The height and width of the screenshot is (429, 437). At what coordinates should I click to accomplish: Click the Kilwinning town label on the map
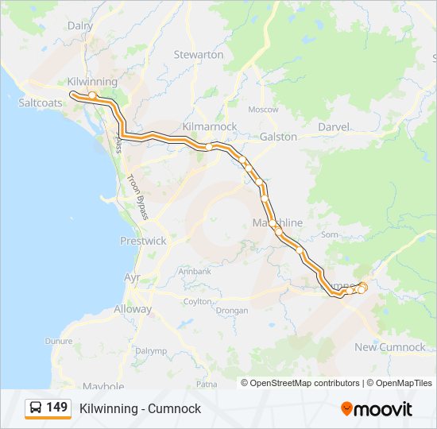[x=92, y=82]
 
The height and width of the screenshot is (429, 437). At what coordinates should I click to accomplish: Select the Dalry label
[x=80, y=25]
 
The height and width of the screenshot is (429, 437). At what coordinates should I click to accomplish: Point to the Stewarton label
[x=199, y=55]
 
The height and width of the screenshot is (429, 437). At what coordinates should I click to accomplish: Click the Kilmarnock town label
[x=210, y=127]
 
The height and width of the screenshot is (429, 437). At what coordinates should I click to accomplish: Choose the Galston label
[x=278, y=137]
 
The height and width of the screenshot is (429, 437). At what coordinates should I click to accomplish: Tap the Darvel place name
[x=334, y=127]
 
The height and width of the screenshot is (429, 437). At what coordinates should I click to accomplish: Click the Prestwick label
[x=143, y=241]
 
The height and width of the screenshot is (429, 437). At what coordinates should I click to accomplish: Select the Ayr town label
[x=132, y=278]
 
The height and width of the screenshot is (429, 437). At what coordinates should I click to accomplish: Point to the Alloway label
[x=133, y=309]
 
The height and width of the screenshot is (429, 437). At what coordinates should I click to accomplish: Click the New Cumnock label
[x=390, y=347]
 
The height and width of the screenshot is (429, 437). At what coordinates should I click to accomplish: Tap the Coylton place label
[x=198, y=302]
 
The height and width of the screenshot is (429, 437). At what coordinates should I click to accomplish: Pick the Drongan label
[x=232, y=311]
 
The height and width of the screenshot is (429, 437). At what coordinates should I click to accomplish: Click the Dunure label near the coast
[x=58, y=341]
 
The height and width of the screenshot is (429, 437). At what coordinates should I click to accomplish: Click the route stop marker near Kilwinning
[x=92, y=95]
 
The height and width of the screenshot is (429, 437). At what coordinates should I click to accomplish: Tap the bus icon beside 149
[x=36, y=408]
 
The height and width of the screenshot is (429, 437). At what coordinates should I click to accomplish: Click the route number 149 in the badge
[x=56, y=408]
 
